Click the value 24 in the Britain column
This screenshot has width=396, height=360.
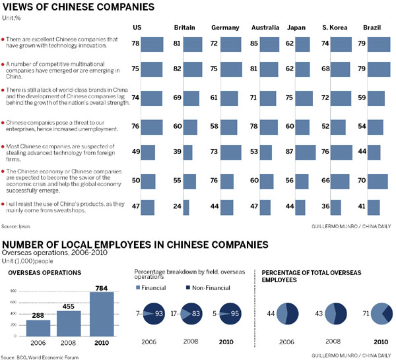point(177,207)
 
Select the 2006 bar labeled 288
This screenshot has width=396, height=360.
point(38,328)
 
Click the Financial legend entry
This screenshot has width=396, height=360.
point(153,287)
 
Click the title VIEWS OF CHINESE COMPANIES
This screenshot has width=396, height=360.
point(79,7)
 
